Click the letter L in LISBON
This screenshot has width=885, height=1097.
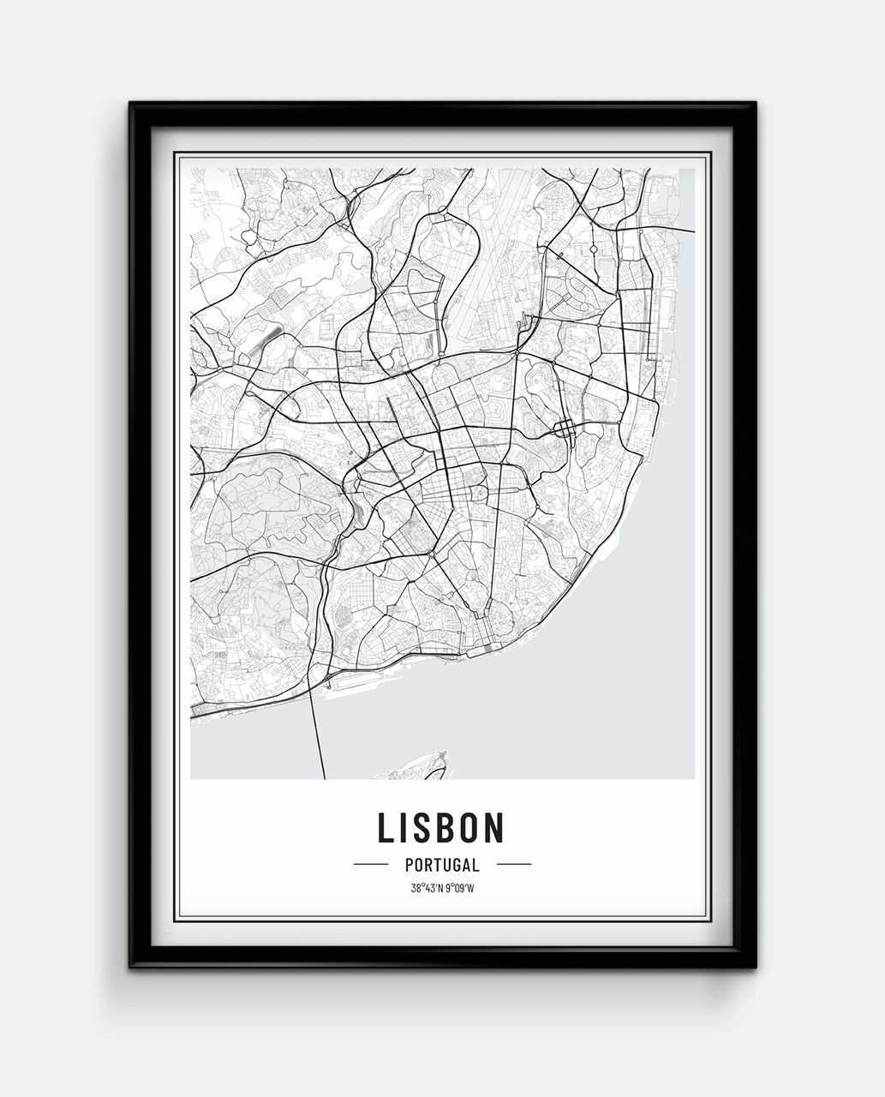pyautogui.click(x=387, y=827)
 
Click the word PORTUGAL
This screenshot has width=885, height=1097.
pyautogui.click(x=442, y=866)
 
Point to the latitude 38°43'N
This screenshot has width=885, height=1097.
pyautogui.click(x=427, y=888)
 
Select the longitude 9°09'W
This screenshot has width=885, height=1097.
pyautogui.click(x=459, y=888)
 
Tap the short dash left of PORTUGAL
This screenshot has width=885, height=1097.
pyautogui.click(x=371, y=865)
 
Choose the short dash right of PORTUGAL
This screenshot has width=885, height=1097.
pyautogui.click(x=514, y=865)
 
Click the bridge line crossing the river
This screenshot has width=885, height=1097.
pyautogui.click(x=318, y=728)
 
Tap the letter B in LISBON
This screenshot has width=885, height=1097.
pyautogui.click(x=445, y=827)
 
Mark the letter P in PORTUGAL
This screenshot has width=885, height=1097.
pyautogui.click(x=410, y=866)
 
